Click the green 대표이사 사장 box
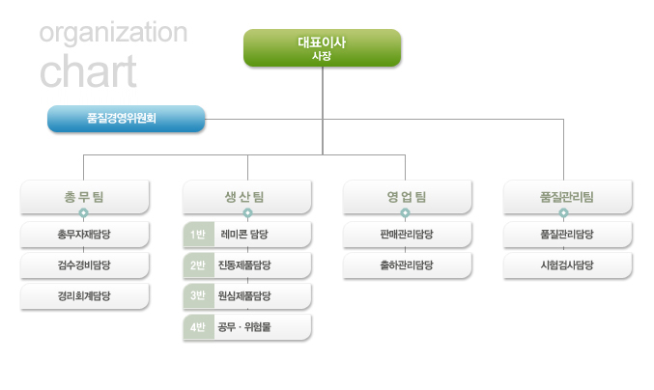click(322, 48)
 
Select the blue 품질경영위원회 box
click(126, 119)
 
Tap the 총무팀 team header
click(85, 197)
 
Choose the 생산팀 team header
click(247, 197)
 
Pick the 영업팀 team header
click(407, 197)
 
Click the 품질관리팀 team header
click(568, 197)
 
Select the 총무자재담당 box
click(85, 235)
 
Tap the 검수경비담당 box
click(85, 265)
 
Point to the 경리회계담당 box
click(85, 296)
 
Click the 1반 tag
click(199, 235)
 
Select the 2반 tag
click(199, 265)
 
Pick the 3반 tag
click(199, 295)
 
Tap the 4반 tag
click(199, 327)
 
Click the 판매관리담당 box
click(407, 235)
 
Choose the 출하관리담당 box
click(407, 265)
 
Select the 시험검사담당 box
click(568, 265)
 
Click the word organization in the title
click(113, 34)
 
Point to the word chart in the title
click(88, 71)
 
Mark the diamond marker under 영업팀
click(405, 213)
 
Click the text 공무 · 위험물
click(244, 327)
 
